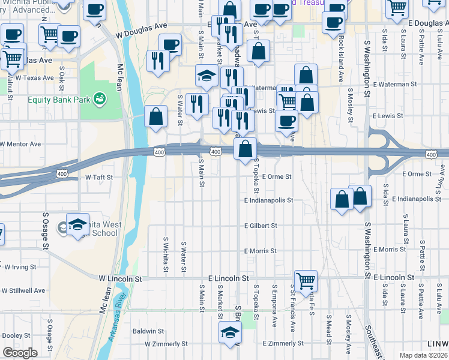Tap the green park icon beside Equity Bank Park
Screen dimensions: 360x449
pyautogui.click(x=100, y=97)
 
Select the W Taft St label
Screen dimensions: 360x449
pyautogui.click(x=98, y=178)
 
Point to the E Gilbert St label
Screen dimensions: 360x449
pyautogui.click(x=261, y=226)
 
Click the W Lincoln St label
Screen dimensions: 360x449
pyautogui.click(x=119, y=279)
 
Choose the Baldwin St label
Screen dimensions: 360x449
pyautogui.click(x=148, y=331)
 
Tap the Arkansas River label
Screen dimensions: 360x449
pyautogui.click(x=118, y=319)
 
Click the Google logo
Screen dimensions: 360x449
pyautogui.click(x=20, y=353)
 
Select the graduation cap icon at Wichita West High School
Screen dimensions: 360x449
pyautogui.click(x=77, y=225)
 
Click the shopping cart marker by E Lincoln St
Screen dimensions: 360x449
pyautogui.click(x=306, y=280)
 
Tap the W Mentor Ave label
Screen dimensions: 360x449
pyautogui.click(x=22, y=144)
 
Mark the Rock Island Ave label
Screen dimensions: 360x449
pyautogui.click(x=340, y=58)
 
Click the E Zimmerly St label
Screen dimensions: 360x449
pyautogui.click(x=283, y=343)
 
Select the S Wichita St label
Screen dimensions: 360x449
pyautogui.click(x=165, y=253)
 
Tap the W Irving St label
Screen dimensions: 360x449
pyautogui.click(x=19, y=266)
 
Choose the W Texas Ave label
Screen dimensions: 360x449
pyautogui.click(x=35, y=78)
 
